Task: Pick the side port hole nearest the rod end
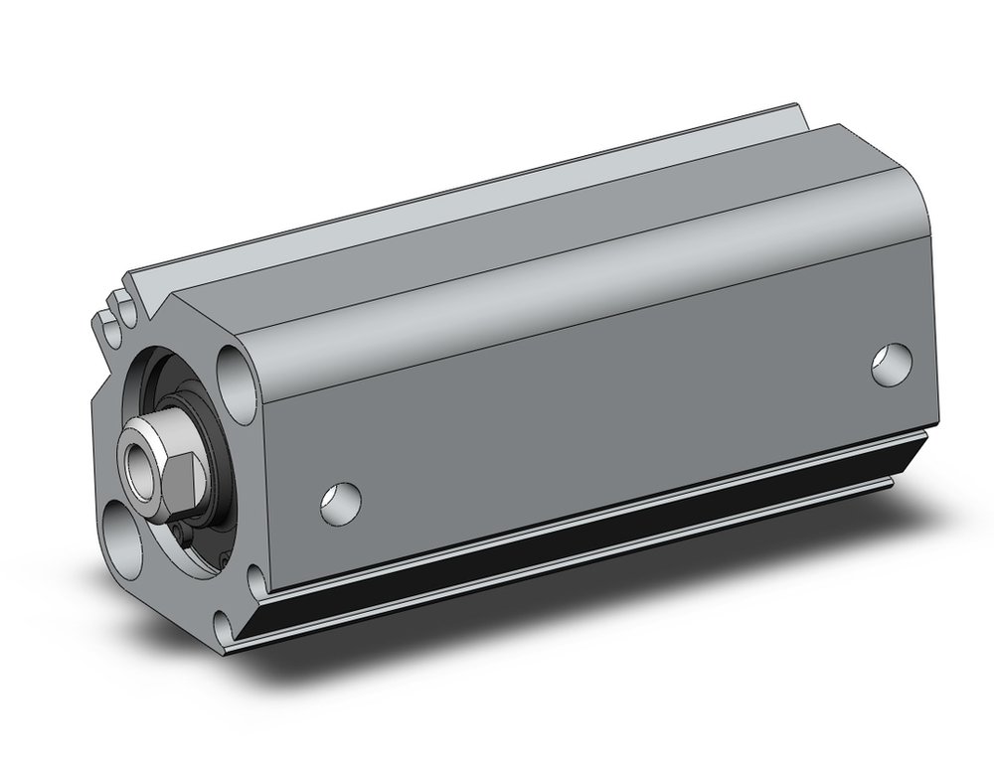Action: (x=340, y=503)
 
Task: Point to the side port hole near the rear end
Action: (x=891, y=364)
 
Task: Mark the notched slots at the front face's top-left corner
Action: (x=114, y=308)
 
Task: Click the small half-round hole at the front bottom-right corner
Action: (x=256, y=580)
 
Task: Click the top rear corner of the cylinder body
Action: (x=840, y=129)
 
